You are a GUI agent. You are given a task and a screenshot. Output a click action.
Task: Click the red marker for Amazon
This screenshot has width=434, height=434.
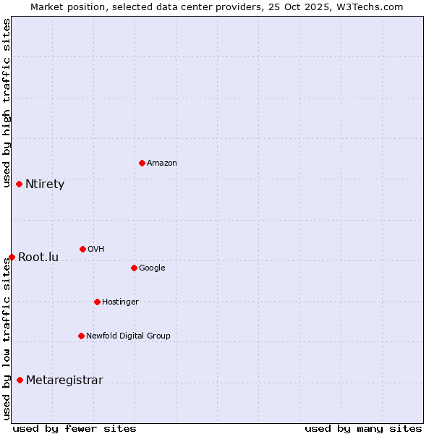click(x=142, y=163)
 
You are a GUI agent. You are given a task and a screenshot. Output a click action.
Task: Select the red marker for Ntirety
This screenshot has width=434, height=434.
click(x=19, y=184)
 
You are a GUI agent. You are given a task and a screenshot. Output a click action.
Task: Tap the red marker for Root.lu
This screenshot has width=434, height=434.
click(x=12, y=257)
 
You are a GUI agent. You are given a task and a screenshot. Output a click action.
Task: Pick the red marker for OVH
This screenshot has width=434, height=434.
click(x=82, y=249)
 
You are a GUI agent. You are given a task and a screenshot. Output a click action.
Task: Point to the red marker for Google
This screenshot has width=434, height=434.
click(x=134, y=268)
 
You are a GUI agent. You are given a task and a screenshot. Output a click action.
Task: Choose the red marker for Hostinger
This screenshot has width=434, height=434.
click(x=97, y=302)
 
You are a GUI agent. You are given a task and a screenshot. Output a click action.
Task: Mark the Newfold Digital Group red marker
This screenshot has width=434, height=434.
click(x=81, y=336)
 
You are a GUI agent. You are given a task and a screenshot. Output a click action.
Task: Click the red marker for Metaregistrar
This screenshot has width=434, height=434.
click(x=20, y=380)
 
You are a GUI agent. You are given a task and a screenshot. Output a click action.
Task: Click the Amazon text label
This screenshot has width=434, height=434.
click(x=162, y=163)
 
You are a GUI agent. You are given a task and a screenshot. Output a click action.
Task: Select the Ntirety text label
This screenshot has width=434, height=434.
click(x=45, y=184)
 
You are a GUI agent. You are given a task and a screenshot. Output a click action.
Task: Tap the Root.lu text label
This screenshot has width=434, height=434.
click(x=38, y=258)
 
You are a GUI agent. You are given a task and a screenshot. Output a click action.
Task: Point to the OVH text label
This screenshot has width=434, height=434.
click(x=96, y=250)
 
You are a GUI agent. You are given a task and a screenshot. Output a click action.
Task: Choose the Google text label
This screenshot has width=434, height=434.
click(x=152, y=268)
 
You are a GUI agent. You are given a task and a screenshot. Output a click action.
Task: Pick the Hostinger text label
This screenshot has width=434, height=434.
click(x=120, y=302)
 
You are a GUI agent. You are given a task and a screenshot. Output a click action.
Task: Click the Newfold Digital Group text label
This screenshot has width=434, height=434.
click(x=128, y=336)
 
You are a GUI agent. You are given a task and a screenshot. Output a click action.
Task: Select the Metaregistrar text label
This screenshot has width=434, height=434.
click(x=64, y=380)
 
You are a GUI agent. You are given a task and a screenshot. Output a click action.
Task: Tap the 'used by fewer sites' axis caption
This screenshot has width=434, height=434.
click(x=75, y=428)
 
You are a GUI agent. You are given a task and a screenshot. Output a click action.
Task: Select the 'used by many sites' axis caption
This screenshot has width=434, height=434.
click(x=363, y=428)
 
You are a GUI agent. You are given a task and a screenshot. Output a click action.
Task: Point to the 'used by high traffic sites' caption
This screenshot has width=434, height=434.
click(x=7, y=103)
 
